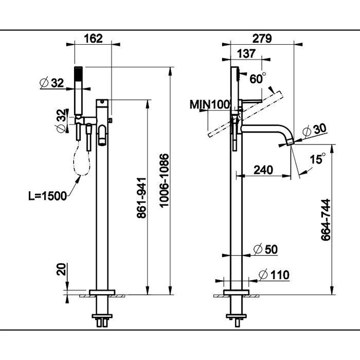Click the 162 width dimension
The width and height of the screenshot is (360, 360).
pyautogui.click(x=93, y=38)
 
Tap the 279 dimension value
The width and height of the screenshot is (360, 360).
pyautogui.click(x=262, y=38)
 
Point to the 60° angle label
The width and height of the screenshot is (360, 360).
pyautogui.click(x=258, y=78)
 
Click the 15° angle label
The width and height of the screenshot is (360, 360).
pyautogui.click(x=318, y=159)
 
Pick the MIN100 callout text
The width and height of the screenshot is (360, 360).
pyautogui.click(x=209, y=104)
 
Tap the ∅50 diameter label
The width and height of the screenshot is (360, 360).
pyautogui.click(x=266, y=249)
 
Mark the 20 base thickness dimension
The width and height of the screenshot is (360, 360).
pyautogui.click(x=62, y=269)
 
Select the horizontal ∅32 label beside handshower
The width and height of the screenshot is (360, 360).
pyautogui.click(x=51, y=82)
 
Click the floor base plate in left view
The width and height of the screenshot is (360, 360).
pyautogui.click(x=101, y=292)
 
